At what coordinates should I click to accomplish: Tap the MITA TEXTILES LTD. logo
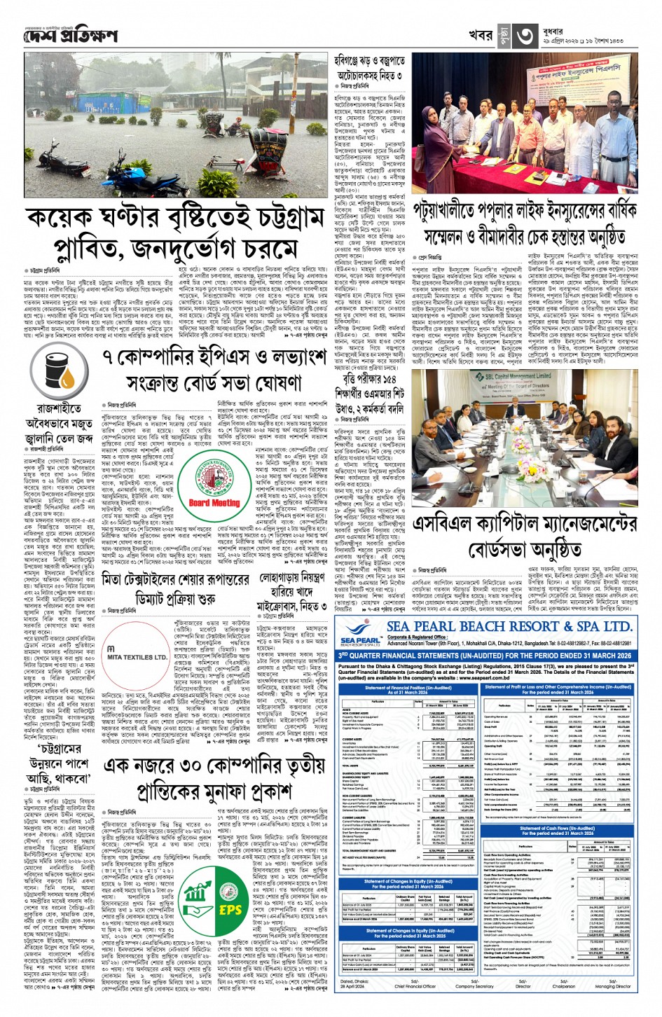point(138,657)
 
